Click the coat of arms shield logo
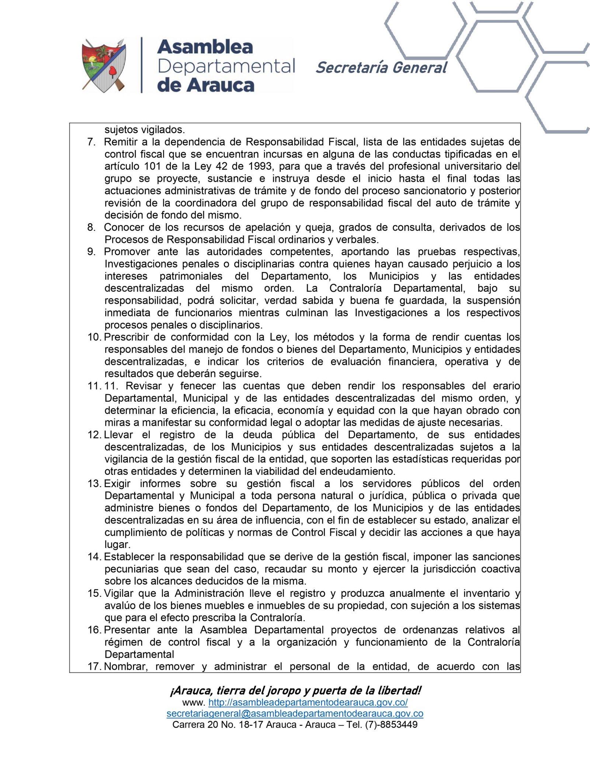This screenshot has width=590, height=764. (104, 65)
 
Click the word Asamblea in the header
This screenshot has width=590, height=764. (205, 47)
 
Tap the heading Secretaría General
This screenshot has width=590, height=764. (381, 68)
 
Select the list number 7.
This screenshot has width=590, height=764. (91, 142)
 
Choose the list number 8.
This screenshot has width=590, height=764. (91, 227)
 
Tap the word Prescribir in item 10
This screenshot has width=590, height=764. (126, 337)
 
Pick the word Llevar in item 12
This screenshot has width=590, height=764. (118, 435)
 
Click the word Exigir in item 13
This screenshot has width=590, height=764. (117, 484)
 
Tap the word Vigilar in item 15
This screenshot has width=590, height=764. (118, 593)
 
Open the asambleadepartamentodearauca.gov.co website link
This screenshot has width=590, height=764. (308, 702)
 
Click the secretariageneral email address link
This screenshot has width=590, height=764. (295, 713)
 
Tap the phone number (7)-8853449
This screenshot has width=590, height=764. (391, 725)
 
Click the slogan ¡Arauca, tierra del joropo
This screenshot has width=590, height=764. (295, 690)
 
